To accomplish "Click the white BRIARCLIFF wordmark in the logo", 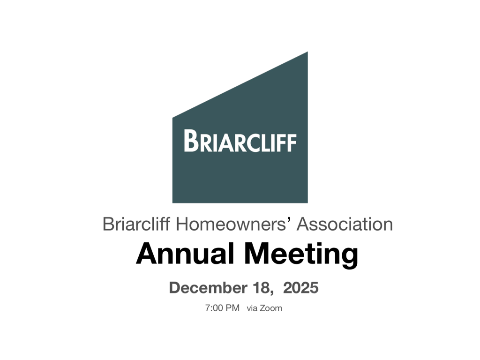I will pos(240,141).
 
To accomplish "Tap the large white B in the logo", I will pos(190,140).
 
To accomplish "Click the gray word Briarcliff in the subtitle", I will pos(136,224).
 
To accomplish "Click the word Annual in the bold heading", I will pos(185,254).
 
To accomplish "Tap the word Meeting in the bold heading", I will pos(302,254).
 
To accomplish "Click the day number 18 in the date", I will pos(262,287).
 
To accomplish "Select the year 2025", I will pos(301,287).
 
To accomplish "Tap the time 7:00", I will pos(214,308).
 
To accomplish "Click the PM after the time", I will pos(233,308).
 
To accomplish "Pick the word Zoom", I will pos(271,308).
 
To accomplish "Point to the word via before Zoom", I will pos(252,308).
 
